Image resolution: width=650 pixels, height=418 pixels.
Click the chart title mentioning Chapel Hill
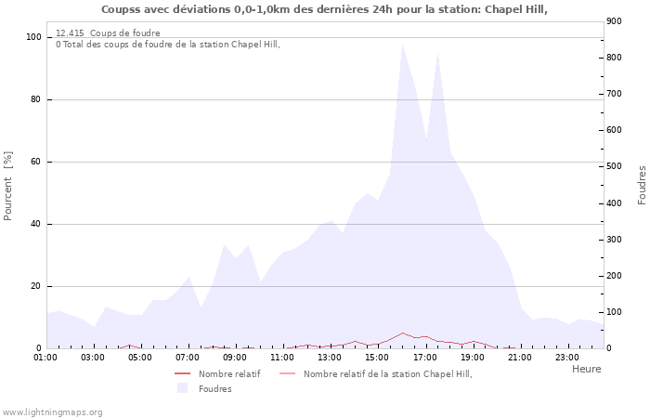pyautogui.click(x=324, y=9)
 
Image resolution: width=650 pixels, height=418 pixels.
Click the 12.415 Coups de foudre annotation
pyautogui.click(x=108, y=33)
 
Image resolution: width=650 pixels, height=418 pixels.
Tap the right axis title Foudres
pyautogui.click(x=642, y=186)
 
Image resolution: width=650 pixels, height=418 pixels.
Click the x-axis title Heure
pyautogui.click(x=586, y=369)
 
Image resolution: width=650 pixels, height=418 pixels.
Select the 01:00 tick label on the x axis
pyautogui.click(x=45, y=357)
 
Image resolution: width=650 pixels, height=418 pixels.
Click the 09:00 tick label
pyautogui.click(x=235, y=357)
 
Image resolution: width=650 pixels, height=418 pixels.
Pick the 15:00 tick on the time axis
pyautogui.click(x=377, y=357)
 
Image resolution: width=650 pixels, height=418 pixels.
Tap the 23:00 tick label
pyautogui.click(x=566, y=357)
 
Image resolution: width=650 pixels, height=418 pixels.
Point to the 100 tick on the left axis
pyautogui.click(x=33, y=37)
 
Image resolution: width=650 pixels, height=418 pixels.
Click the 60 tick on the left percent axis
pyautogui.click(x=35, y=162)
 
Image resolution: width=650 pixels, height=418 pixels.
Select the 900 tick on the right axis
pyautogui.click(x=614, y=21)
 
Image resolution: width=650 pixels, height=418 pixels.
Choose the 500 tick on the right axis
pyautogui.click(x=614, y=166)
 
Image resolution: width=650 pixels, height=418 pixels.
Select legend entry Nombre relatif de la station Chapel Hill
pyautogui.click(x=387, y=373)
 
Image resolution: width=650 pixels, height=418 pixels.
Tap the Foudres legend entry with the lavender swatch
pyautogui.click(x=214, y=388)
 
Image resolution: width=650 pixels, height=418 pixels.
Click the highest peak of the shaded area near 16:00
pyautogui.click(x=402, y=46)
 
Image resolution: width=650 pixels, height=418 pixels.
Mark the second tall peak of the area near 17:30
pyautogui.click(x=437, y=53)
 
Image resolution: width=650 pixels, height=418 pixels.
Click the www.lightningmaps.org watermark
pyautogui.click(x=52, y=411)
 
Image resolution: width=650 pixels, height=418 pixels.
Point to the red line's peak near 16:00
pyautogui.click(x=402, y=333)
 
